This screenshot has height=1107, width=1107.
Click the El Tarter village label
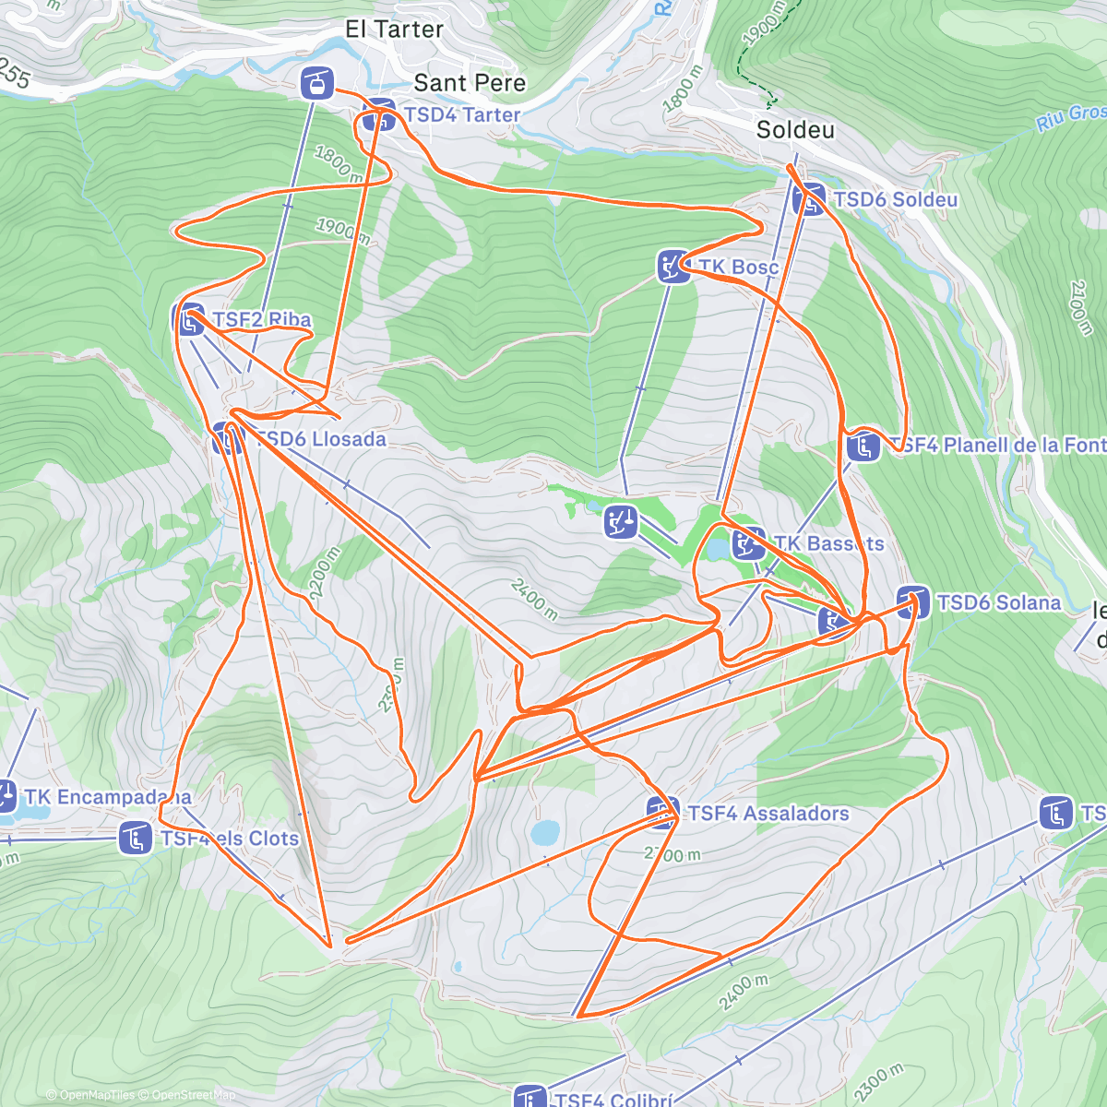394,30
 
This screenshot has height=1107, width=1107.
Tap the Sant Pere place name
470,83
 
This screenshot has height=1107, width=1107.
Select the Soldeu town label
795,130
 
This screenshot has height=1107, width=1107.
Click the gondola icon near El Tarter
316,84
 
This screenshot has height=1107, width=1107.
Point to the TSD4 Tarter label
462,115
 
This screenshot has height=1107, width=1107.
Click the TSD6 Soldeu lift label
895,200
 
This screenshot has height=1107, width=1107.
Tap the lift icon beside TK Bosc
673,267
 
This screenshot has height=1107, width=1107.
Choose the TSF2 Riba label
262,320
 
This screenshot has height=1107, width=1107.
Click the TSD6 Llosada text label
320,439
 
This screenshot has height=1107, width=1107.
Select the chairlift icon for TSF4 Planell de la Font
863,446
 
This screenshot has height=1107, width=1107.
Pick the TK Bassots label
828,544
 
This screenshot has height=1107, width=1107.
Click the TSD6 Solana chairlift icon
912,602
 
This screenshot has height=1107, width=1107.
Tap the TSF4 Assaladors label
768,814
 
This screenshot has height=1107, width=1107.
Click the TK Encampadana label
108,797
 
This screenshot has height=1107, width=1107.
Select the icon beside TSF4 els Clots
136,839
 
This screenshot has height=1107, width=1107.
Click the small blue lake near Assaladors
544,834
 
